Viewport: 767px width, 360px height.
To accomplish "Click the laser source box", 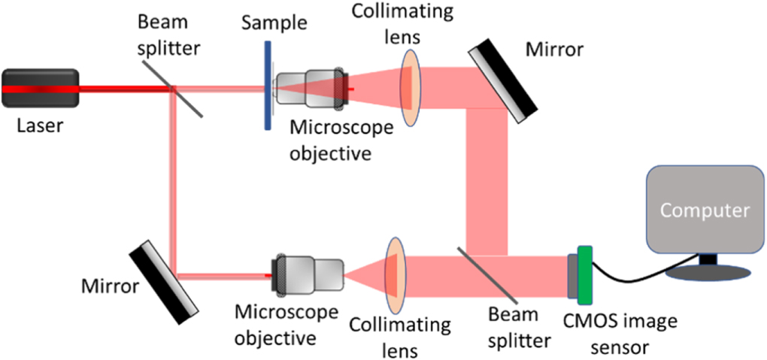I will click(x=40, y=89).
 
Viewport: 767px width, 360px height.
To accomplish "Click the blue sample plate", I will click(x=267, y=85).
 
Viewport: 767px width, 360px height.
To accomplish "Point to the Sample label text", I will click(x=274, y=23).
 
